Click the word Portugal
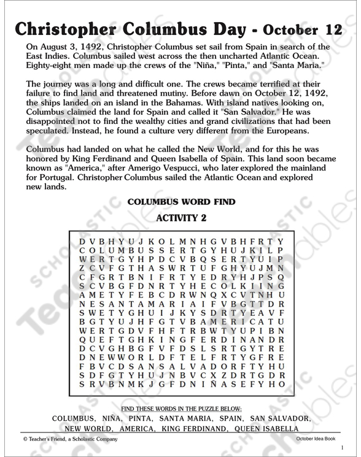coord(55,180)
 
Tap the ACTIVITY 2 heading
coord(180,217)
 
